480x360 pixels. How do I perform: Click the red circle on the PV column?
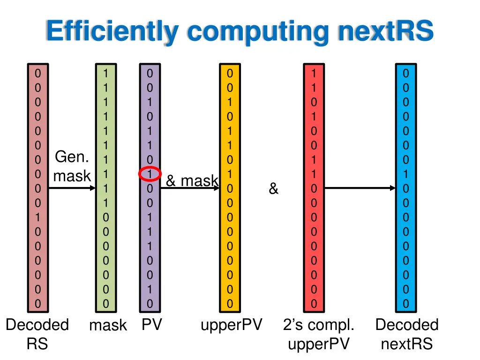pos(150,174)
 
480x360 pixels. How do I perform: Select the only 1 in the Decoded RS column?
pos(38,217)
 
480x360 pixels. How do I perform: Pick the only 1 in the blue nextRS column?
pos(406,174)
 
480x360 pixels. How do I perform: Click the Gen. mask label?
pos(72,166)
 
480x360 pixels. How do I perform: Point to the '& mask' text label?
pos(192,180)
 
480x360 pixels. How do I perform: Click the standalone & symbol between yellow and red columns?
pos(273,189)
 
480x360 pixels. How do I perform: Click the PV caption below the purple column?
pos(151,324)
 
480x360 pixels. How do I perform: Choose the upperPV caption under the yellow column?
pos(231,324)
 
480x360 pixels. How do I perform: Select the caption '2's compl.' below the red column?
pos(318,324)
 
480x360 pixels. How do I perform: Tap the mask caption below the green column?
pos(108,325)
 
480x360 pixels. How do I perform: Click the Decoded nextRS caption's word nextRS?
pos(406,344)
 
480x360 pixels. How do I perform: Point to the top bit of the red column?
pos(314,73)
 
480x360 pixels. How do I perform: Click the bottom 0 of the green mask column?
pos(106,304)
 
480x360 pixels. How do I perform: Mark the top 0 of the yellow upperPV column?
pos(230,73)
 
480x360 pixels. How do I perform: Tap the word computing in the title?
pos(258,31)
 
